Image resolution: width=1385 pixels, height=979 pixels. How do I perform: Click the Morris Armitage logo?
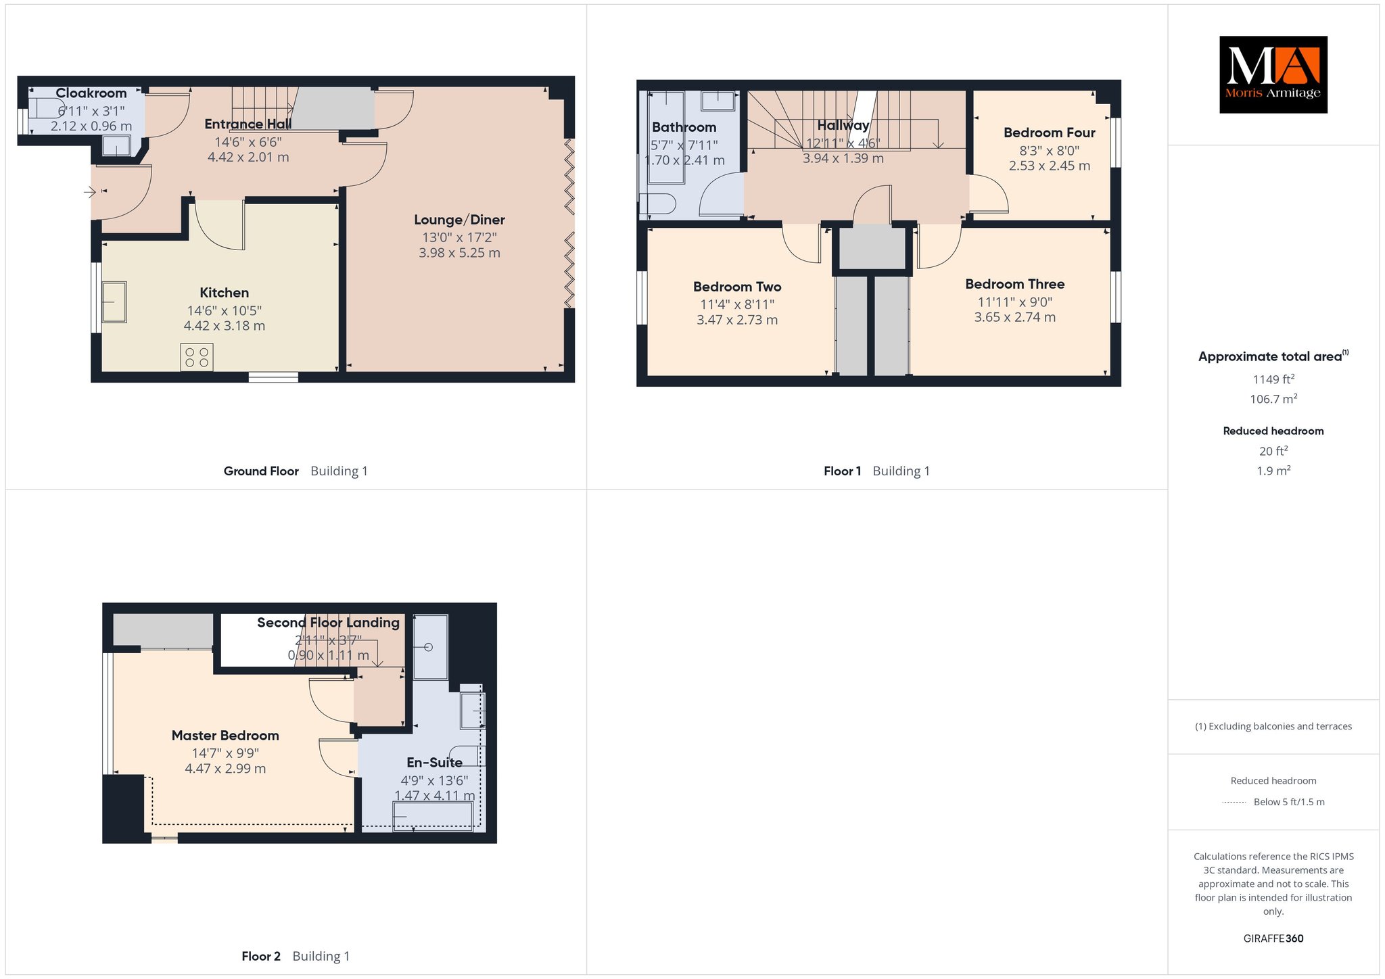(1273, 74)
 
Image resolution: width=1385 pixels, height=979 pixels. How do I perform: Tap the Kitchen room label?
(225, 293)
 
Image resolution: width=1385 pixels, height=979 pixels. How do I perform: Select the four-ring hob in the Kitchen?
(197, 358)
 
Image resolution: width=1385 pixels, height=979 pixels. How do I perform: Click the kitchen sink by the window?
(114, 302)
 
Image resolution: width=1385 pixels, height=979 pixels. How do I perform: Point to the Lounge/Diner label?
(460, 220)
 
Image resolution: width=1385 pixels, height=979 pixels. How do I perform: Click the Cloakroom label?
(91, 93)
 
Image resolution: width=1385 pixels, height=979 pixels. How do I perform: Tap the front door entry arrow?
(90, 193)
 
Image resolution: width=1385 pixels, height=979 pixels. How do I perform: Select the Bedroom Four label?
(1050, 133)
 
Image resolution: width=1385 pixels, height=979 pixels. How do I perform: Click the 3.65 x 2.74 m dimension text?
(1015, 317)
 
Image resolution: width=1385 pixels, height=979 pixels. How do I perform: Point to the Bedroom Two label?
(737, 287)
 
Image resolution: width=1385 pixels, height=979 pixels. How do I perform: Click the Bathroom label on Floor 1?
(684, 127)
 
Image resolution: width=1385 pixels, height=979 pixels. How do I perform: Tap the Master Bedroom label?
(225, 736)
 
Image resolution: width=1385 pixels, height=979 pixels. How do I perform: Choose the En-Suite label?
(435, 763)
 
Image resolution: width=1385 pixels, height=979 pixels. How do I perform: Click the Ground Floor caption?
(261, 471)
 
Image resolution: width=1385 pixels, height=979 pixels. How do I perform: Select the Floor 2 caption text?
(261, 956)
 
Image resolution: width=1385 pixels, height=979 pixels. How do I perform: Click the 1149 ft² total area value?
(1273, 379)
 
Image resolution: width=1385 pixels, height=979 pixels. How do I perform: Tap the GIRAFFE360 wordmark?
(1273, 938)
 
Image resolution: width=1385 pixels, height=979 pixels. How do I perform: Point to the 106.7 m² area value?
(1273, 399)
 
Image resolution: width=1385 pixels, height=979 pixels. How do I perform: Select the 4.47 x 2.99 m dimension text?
(225, 769)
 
